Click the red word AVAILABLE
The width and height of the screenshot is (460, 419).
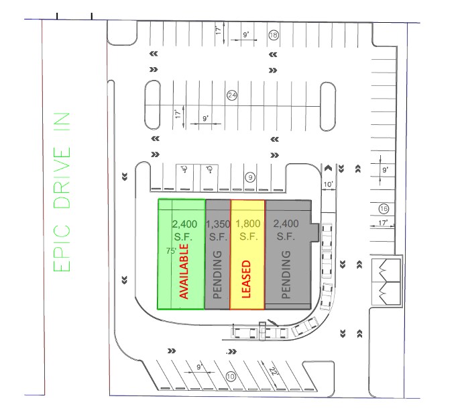click(184, 271)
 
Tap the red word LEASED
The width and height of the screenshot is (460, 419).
click(246, 279)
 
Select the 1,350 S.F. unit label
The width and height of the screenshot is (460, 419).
click(218, 230)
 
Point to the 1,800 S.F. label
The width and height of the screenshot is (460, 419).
click(248, 230)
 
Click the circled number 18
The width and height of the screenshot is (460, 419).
click(274, 36)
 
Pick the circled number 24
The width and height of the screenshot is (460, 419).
click(232, 95)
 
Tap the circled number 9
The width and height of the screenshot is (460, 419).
click(250, 177)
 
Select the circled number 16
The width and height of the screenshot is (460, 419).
click(384, 209)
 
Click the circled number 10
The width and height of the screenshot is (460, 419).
click(231, 377)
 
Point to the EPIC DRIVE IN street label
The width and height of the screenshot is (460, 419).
click(62, 192)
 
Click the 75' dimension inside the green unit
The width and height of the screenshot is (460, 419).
click(171, 251)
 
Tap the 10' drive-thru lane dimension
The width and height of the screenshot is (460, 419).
click(329, 184)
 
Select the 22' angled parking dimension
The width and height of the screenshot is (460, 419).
click(273, 371)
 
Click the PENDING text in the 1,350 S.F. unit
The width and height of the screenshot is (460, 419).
click(217, 275)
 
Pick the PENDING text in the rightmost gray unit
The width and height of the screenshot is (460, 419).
click(286, 275)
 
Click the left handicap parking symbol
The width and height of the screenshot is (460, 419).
click(184, 169)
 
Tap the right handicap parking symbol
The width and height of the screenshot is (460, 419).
click(210, 169)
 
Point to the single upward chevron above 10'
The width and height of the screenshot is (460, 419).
click(328, 168)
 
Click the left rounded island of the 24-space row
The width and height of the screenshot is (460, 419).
click(153, 105)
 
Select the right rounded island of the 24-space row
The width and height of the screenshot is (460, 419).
click(328, 106)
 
